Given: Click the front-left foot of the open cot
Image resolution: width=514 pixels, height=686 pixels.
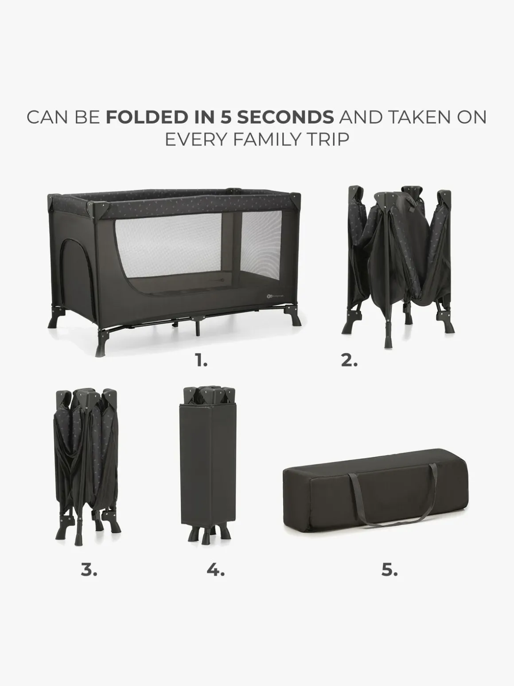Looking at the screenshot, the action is coord(101,344).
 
